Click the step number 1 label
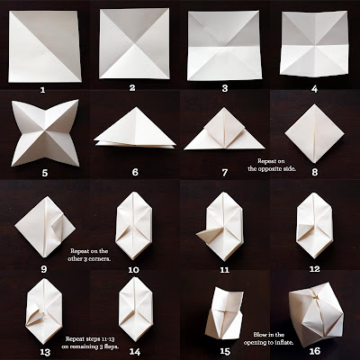[42, 90]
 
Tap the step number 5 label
[45, 173]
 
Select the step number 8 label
[314, 173]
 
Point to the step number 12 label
[314, 269]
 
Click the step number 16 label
[315, 351]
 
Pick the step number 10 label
[134, 270]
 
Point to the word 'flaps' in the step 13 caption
[111, 346]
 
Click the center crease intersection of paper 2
[135, 44]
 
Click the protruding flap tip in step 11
[198, 234]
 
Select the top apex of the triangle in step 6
[136, 108]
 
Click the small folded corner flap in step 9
[58, 226]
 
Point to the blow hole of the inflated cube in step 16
[315, 296]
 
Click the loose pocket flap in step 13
[35, 316]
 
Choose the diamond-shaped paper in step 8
[314, 133]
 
